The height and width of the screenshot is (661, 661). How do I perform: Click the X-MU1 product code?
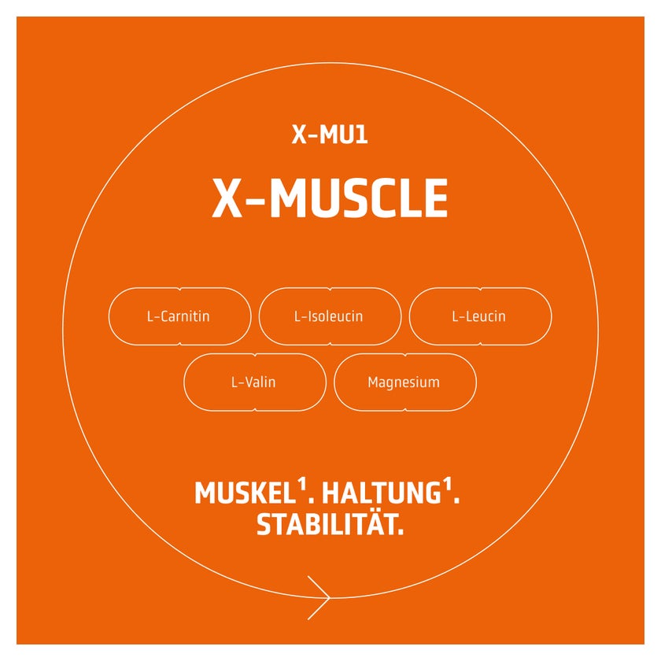pyautogui.click(x=330, y=135)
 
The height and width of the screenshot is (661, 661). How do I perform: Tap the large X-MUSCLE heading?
pyautogui.click(x=330, y=198)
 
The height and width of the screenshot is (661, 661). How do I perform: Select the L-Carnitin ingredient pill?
pyautogui.click(x=180, y=316)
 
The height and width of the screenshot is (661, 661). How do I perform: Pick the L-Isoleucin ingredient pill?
pyautogui.click(x=330, y=316)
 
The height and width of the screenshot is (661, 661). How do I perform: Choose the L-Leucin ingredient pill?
pyautogui.click(x=481, y=316)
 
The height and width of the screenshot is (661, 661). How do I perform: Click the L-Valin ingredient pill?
pyautogui.click(x=255, y=382)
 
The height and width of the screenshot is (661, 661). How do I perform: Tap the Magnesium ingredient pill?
pyautogui.click(x=405, y=382)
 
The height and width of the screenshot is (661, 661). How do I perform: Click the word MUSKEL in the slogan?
pyautogui.click(x=245, y=493)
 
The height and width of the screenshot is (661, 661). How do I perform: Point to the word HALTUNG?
pyautogui.click(x=381, y=493)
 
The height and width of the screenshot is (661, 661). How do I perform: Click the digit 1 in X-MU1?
pyautogui.click(x=362, y=135)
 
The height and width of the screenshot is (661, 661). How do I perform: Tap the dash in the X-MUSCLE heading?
pyautogui.click(x=255, y=200)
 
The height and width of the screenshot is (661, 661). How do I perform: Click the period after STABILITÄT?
pyautogui.click(x=401, y=532)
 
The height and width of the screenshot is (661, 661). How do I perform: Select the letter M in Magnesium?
pyautogui.click(x=373, y=382)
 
